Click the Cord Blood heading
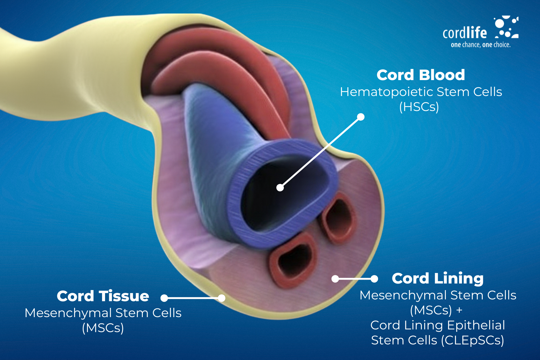pyautogui.click(x=421, y=75)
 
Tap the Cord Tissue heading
pyautogui.click(x=103, y=296)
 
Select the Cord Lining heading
pyautogui.click(x=437, y=278)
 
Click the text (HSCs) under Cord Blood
pyautogui.click(x=419, y=107)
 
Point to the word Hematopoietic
pyautogui.click(x=386, y=92)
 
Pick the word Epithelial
pyautogui.click(x=476, y=325)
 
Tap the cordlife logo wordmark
pyautogui.click(x=464, y=33)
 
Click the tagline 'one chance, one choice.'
pyautogui.click(x=481, y=45)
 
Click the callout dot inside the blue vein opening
pyautogui.click(x=280, y=187)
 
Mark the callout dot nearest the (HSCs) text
pyautogui.click(x=361, y=117)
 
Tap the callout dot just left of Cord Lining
pyautogui.click(x=374, y=279)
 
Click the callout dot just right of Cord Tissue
pyautogui.click(x=164, y=298)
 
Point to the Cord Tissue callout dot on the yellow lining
pyautogui.click(x=221, y=298)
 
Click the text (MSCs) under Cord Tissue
pyautogui.click(x=103, y=328)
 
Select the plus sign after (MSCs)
pyautogui.click(x=459, y=310)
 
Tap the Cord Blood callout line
pyautogui.click(x=320, y=152)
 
